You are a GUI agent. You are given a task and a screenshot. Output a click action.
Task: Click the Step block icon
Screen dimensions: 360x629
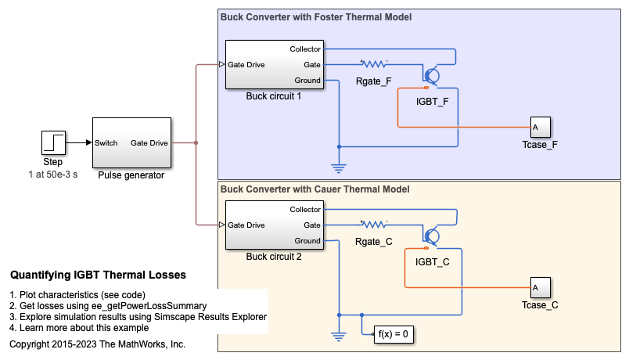(x=53, y=143)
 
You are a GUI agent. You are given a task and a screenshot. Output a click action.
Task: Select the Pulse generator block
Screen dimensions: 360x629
(x=131, y=142)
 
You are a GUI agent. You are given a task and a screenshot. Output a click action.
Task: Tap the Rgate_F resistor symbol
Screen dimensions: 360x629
(x=373, y=64)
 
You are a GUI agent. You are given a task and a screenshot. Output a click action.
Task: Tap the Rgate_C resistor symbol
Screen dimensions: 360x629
(x=373, y=225)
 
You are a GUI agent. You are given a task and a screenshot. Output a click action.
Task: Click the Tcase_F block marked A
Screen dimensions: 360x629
(x=540, y=127)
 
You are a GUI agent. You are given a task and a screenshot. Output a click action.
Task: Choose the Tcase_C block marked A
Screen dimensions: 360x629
(x=540, y=287)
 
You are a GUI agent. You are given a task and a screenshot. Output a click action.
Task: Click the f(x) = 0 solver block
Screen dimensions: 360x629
(x=394, y=333)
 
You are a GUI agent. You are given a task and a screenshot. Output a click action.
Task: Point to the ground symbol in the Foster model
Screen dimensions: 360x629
(x=338, y=167)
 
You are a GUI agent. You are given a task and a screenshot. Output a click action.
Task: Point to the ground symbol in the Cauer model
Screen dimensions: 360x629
(x=338, y=337)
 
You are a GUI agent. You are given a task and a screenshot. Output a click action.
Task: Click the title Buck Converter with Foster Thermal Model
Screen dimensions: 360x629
(x=316, y=17)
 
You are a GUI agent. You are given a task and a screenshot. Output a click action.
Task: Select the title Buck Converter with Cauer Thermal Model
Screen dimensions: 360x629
(x=315, y=189)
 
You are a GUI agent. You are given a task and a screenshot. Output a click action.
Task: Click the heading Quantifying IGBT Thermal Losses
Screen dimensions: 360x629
(x=98, y=275)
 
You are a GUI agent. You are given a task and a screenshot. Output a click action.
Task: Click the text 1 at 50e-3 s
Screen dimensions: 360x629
(x=53, y=174)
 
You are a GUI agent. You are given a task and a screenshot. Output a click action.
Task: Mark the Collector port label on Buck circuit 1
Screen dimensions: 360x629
(x=305, y=49)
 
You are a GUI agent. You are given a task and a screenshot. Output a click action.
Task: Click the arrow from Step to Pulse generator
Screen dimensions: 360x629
(x=78, y=143)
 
